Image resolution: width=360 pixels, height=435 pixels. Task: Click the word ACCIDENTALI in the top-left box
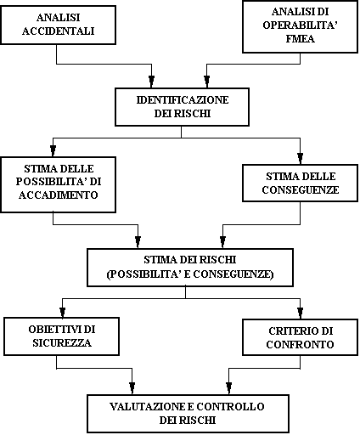point(58,31)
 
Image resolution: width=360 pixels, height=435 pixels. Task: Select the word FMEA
point(300,39)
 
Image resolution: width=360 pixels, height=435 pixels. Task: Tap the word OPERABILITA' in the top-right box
point(301,25)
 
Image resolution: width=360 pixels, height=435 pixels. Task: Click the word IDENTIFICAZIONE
point(183,100)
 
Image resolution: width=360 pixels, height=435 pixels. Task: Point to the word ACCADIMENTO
point(59,195)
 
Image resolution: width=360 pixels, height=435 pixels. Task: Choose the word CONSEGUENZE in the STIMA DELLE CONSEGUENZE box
point(301,189)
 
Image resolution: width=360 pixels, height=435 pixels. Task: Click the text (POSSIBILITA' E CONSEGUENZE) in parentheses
point(190,274)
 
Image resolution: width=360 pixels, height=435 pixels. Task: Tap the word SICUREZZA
point(62,343)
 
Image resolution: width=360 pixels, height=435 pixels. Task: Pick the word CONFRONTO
point(300,345)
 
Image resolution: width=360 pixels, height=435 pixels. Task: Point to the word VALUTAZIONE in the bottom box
point(147,407)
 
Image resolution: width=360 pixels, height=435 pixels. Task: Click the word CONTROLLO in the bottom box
point(230,407)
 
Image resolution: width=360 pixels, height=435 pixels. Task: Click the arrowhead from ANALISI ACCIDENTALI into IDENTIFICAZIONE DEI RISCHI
point(151,82)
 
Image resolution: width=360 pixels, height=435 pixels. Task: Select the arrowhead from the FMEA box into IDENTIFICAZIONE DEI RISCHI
point(207,82)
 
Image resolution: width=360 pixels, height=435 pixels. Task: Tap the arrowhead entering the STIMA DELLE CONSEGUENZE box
point(300,159)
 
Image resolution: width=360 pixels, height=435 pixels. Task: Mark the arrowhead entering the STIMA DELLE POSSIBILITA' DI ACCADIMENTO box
point(53,151)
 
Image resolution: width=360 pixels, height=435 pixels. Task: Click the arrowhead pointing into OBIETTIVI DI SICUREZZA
point(63,312)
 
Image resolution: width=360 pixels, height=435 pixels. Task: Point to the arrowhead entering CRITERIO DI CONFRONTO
point(300,314)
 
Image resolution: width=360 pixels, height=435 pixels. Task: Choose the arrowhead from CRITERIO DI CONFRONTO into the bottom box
point(228,388)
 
